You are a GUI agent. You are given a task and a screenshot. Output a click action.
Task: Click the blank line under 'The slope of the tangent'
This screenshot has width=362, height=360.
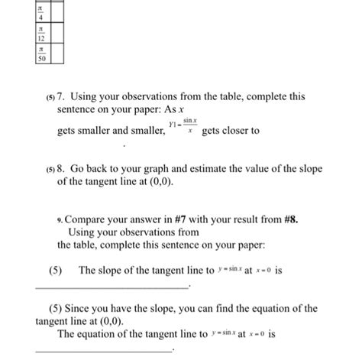click(x=112, y=287)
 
